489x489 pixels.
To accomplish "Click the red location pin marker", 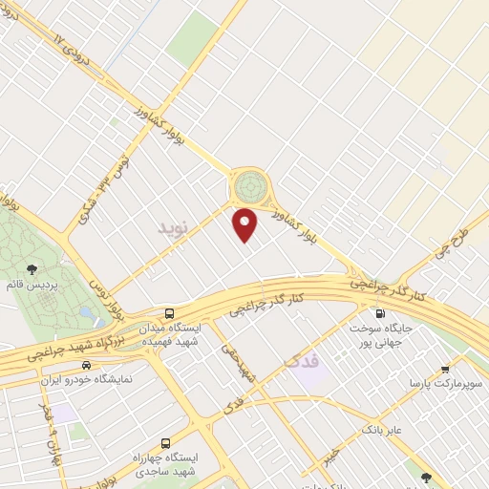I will [x=245, y=223].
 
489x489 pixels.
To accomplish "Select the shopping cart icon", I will [x=445, y=369].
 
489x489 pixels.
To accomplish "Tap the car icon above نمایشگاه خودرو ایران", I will [x=87, y=365].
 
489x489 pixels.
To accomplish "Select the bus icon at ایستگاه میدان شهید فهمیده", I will [x=169, y=312].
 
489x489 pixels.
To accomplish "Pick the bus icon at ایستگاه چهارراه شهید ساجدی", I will [x=166, y=443].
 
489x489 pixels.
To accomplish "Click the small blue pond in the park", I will [x=86, y=312].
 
